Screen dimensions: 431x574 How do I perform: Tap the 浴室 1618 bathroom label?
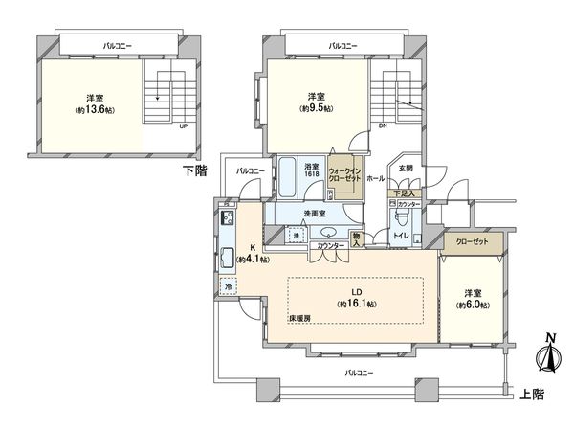(311, 169)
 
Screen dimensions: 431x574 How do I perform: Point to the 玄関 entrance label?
(404, 168)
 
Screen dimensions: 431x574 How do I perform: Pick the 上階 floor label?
(531, 393)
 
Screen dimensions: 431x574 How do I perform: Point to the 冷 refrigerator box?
(229, 284)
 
